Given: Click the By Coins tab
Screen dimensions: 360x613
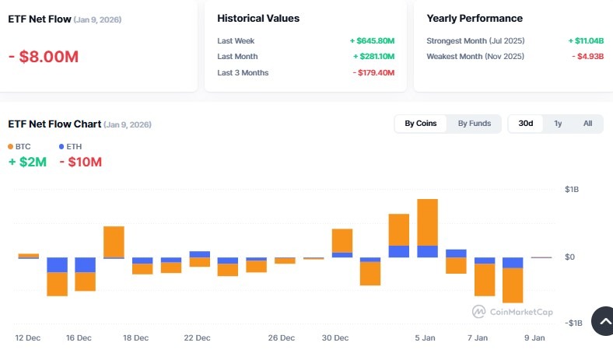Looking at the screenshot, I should coord(421,124).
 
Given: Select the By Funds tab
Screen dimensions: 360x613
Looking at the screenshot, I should coord(474,124).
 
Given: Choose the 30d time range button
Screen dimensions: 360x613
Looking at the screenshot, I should coord(526,124).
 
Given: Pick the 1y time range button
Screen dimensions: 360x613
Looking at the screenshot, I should coord(558,124).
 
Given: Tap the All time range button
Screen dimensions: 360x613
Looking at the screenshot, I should coord(587,124).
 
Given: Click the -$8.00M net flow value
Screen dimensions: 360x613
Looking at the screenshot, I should coord(44,57).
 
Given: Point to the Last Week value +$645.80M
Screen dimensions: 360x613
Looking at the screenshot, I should coord(372,40).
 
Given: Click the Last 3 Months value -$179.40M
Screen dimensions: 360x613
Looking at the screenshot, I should coord(373,72).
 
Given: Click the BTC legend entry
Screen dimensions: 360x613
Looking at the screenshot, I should coord(19,146).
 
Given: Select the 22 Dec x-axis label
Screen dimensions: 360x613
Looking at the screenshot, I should coord(197,338).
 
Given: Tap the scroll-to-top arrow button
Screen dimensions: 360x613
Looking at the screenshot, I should coord(601,320).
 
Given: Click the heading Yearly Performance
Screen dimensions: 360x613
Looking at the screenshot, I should coord(475,18).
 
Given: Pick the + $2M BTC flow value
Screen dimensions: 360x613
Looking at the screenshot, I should coord(27,163).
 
